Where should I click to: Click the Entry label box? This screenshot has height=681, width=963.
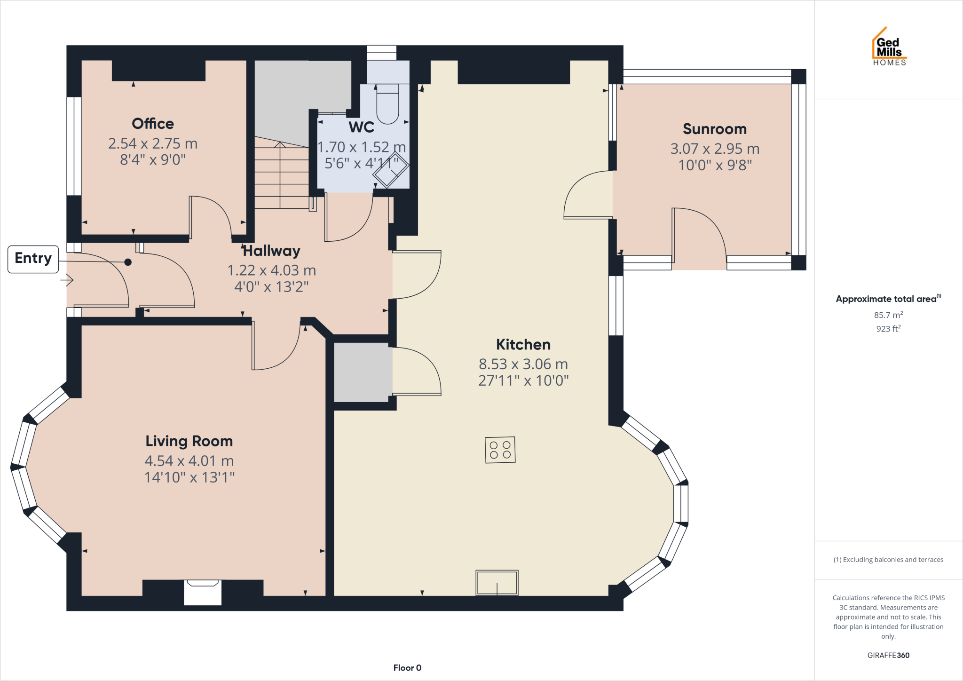[x=33, y=259]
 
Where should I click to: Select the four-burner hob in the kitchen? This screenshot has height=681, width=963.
[x=500, y=450]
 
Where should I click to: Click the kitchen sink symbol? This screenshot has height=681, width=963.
[x=497, y=583]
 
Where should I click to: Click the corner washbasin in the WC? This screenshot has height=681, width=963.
[x=390, y=170]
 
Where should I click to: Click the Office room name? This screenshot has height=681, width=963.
[x=153, y=124]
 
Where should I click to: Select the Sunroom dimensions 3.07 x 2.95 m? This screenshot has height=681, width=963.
[x=715, y=149]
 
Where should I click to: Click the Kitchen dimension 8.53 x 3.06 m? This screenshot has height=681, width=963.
[x=523, y=364]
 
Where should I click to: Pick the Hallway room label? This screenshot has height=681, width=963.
[x=272, y=251]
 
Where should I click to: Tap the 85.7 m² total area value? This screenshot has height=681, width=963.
[x=888, y=315]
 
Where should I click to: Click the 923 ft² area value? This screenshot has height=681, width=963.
[x=888, y=329]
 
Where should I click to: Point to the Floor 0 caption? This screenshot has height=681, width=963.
[x=407, y=668]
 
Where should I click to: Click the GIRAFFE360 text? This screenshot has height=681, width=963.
[x=888, y=655]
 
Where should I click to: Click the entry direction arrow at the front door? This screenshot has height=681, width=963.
[x=67, y=280]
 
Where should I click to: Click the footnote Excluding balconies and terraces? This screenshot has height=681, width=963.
[x=888, y=560]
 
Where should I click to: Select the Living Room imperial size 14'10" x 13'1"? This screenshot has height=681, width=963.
[x=189, y=477]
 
